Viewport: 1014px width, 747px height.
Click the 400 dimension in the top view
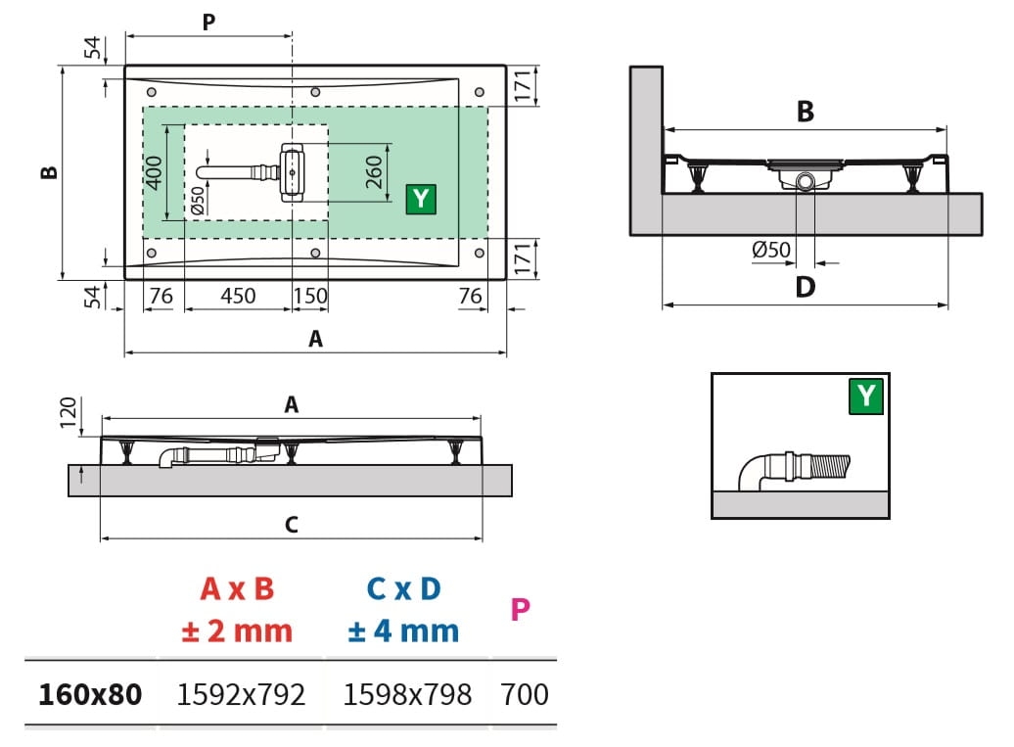point(154,172)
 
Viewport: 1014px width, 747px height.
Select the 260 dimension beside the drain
point(375,171)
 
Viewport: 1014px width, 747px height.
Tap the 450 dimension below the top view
point(238,296)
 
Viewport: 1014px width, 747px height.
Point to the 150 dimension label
point(310,296)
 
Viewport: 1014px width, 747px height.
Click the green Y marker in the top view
point(421,199)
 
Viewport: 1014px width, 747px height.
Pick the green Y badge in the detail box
point(866,396)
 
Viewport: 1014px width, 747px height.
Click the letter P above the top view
point(208,22)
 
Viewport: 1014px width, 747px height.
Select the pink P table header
point(520,609)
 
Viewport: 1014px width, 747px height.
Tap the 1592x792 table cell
point(241,694)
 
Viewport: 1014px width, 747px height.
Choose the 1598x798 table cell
point(407,694)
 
